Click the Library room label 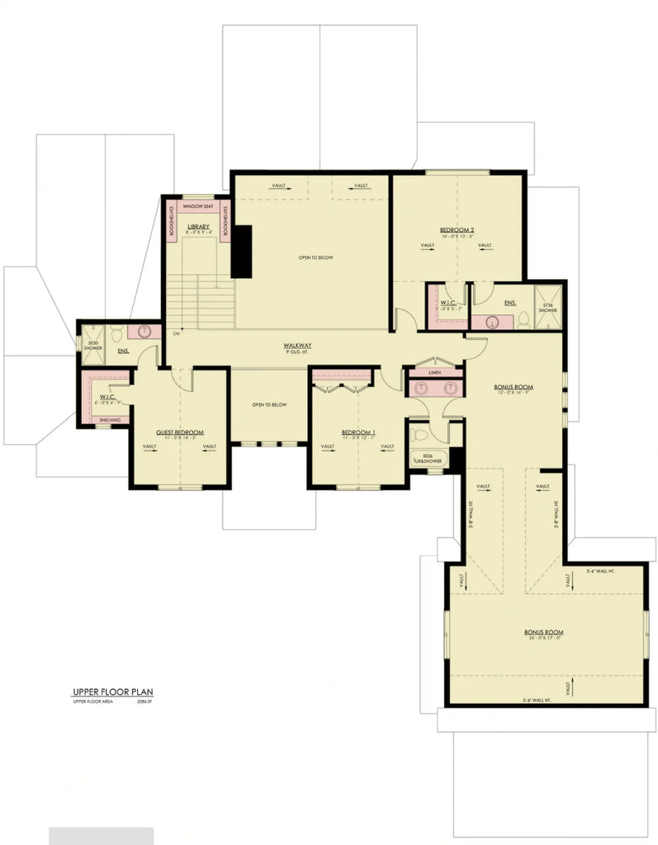coord(198,226)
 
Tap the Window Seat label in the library coord(198,206)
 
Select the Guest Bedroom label coord(180,432)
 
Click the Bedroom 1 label coord(359,432)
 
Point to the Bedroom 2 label coord(457,229)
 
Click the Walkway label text coord(297,346)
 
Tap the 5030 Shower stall coord(92,345)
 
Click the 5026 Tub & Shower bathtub coord(428,459)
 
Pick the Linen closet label coord(435,373)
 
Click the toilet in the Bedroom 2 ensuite coord(522,321)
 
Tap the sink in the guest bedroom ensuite coord(145,332)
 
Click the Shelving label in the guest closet coord(110,420)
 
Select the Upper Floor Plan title coord(113,692)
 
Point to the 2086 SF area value coord(145,701)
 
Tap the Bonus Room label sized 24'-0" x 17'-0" coord(543,633)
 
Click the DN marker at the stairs coord(176,334)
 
